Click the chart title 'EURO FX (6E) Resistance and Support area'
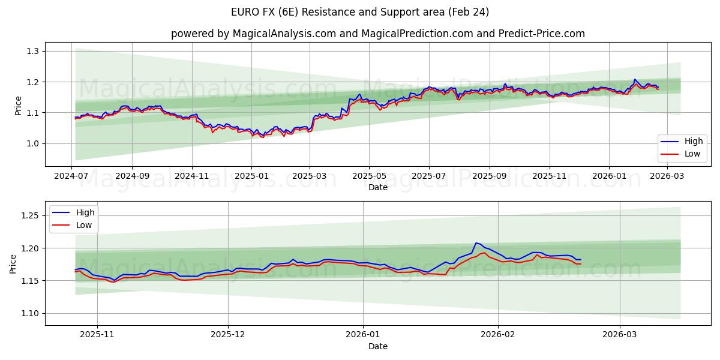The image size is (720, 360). point(360,12)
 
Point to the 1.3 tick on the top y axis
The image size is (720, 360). point(32,51)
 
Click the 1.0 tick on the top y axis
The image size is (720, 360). point(32,143)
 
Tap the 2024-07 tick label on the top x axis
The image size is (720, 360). point(72,176)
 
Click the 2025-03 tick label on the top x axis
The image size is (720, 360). point(310,176)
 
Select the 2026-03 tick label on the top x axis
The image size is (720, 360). point(667,176)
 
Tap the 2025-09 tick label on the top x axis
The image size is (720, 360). point(489,176)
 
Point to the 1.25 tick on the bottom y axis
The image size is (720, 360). point(30,215)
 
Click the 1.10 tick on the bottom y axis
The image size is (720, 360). point(30,313)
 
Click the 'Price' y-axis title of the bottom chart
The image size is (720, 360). point(13,263)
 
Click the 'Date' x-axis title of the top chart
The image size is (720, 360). point(378,187)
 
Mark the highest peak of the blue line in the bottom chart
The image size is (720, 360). point(476,243)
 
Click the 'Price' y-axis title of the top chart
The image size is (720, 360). point(18,106)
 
